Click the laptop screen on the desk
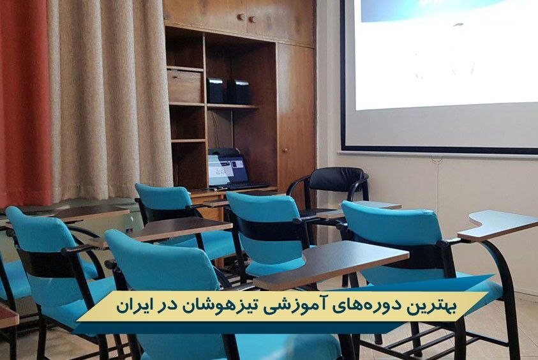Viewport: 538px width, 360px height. coord(227,170)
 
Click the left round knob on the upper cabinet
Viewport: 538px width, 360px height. coord(241,17)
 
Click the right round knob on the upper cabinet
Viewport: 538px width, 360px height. coord(252,19)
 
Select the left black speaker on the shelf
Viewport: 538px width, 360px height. coord(215,91)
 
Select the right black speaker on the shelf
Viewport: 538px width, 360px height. coord(239,92)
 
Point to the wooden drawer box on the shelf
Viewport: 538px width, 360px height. coord(185,86)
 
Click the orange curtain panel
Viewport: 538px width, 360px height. coord(25,103)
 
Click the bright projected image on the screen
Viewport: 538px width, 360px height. coord(446,54)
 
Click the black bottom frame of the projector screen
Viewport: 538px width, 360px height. coord(440,150)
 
